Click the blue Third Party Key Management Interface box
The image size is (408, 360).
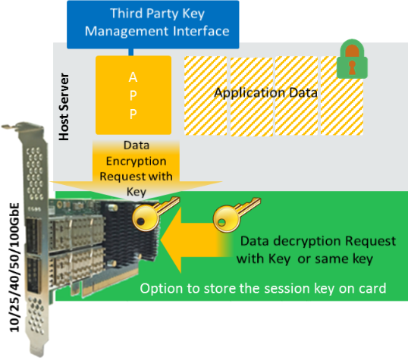[x=153, y=24]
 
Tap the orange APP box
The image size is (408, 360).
[x=133, y=95]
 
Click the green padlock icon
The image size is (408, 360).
[x=352, y=59]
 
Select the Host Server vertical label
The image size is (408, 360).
[x=64, y=107]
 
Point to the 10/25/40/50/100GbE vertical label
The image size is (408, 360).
[x=14, y=267]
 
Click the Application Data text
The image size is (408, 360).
[x=265, y=92]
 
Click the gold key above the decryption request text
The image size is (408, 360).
[x=237, y=214]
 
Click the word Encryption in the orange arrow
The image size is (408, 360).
[x=136, y=161]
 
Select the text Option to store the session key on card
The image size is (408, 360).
[x=263, y=289]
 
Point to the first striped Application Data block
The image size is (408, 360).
[x=206, y=95]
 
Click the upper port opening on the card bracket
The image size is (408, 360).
[x=33, y=236]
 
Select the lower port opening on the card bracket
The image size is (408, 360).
[x=33, y=276]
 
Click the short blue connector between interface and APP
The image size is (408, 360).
[x=131, y=52]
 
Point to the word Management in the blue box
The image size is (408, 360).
[x=127, y=31]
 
